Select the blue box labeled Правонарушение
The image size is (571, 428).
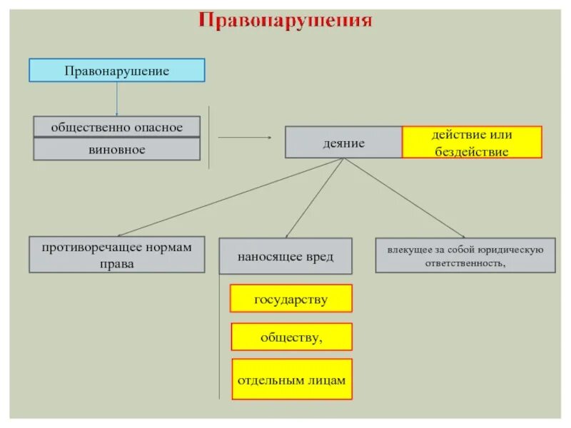click(116, 71)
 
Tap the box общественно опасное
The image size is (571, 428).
click(116, 127)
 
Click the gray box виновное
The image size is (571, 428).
click(116, 149)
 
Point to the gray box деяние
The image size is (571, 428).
click(344, 143)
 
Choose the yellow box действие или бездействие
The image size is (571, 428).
click(472, 143)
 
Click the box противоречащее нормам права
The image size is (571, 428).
click(117, 255)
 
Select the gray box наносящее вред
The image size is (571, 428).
click(285, 256)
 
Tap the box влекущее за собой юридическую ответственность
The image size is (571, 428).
click(465, 255)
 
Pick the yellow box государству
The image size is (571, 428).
click(290, 299)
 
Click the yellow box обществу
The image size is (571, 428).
click(290, 337)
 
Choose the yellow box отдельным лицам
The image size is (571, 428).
click(290, 380)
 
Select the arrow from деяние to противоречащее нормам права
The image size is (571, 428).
click(228, 198)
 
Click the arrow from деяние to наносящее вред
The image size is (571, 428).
click(315, 198)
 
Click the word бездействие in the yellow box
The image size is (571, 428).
click(472, 152)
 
